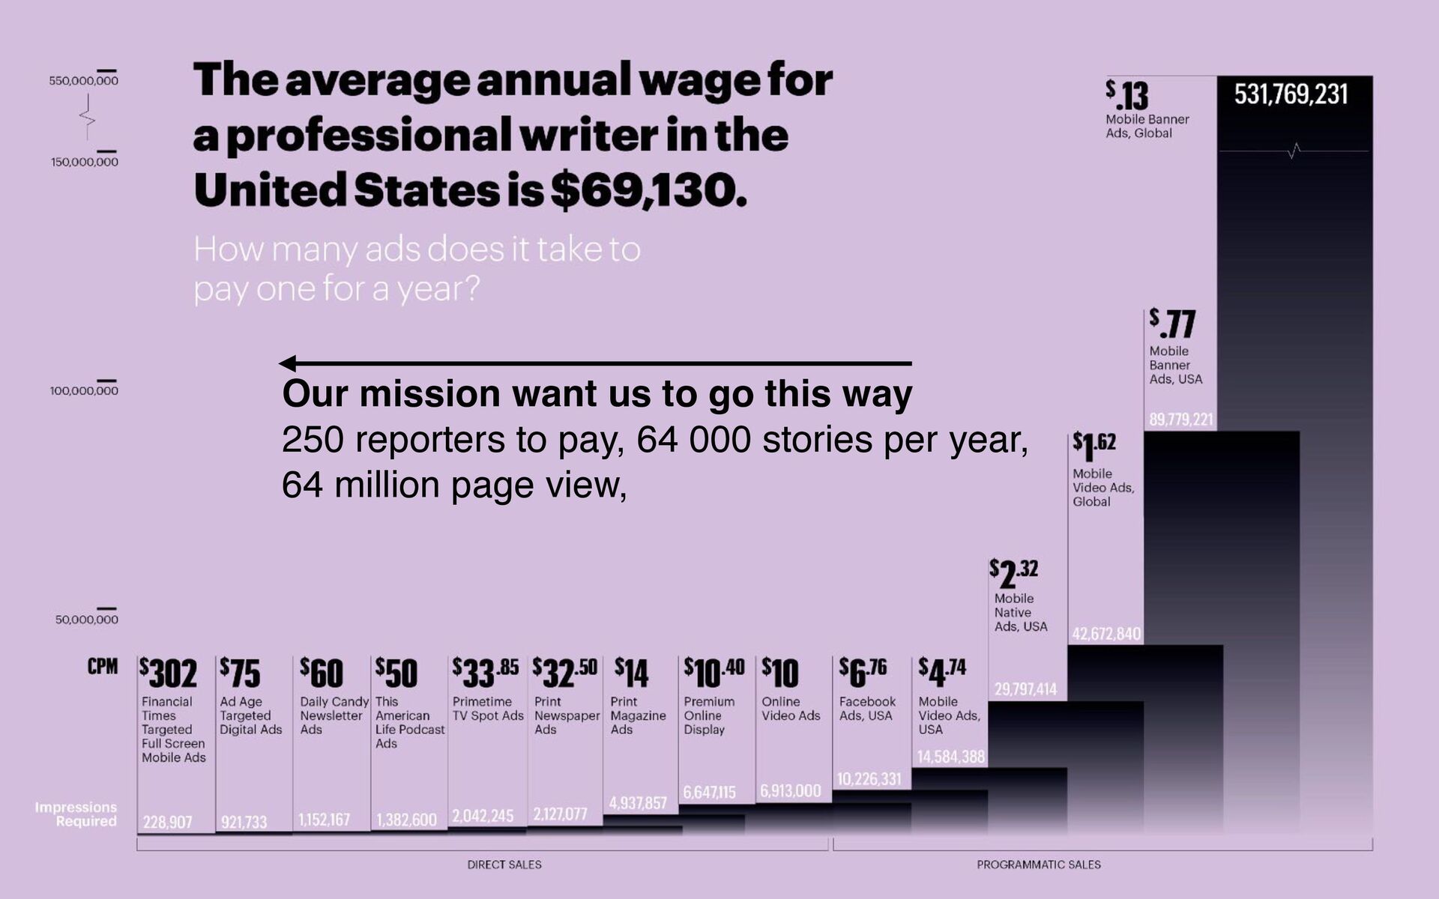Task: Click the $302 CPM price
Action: click(169, 674)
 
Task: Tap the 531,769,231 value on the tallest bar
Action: click(1291, 94)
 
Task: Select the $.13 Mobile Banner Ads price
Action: click(1126, 96)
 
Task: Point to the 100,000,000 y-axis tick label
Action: click(84, 390)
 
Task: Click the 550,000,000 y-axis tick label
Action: click(84, 80)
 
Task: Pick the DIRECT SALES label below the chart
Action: click(504, 865)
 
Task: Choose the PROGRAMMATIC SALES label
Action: click(1039, 865)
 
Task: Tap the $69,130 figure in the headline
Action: click(648, 190)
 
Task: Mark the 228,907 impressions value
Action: click(168, 822)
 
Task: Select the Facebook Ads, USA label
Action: click(867, 709)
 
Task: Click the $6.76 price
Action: click(863, 672)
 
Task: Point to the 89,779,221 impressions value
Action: click(1181, 420)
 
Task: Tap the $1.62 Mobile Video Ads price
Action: click(1093, 447)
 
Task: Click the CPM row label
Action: click(103, 667)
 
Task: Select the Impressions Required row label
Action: click(76, 814)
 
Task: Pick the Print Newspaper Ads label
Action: click(567, 715)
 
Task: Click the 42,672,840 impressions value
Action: click(1106, 634)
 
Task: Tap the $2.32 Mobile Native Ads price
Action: click(1013, 574)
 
